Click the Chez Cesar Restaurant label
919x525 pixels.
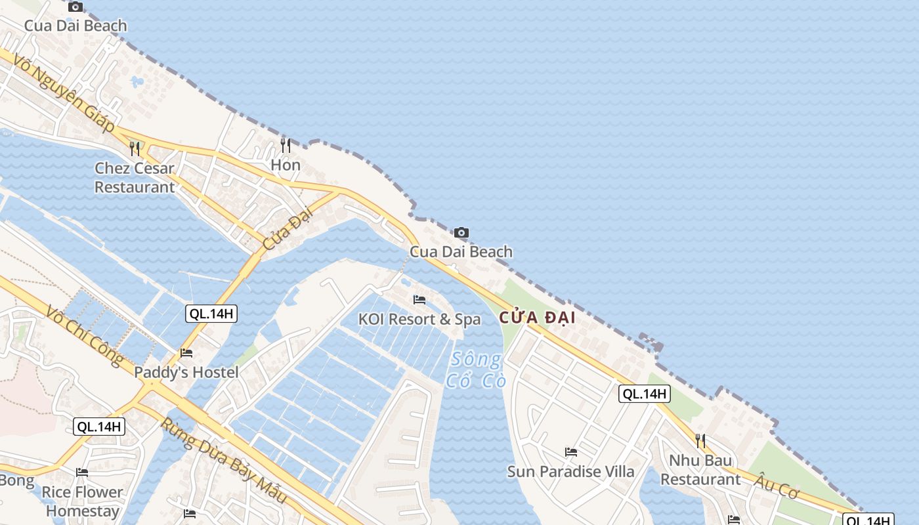pos(135,177)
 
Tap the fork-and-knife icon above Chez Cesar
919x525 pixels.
pos(135,148)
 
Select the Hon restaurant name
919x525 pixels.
pos(286,165)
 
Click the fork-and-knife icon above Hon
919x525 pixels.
pos(286,145)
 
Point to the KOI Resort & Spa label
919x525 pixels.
pos(419,320)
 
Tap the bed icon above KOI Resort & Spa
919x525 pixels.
pos(419,300)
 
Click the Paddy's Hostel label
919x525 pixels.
pos(186,372)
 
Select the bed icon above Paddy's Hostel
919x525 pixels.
pos(186,353)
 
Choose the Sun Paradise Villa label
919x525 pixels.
pos(571,471)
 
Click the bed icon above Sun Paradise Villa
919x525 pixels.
pos(571,452)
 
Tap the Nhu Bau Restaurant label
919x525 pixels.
pos(700,470)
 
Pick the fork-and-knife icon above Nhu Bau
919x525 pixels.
pos(700,440)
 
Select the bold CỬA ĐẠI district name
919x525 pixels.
pos(537,318)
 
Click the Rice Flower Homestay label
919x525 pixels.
pos(83,501)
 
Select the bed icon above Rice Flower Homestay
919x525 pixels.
pos(82,472)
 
